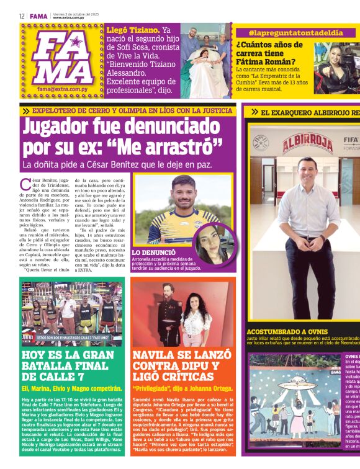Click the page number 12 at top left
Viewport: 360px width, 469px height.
[22, 16]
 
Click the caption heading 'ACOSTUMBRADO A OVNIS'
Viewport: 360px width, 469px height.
[287, 332]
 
